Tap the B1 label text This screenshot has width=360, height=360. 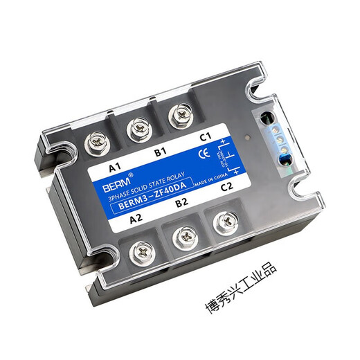161,150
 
